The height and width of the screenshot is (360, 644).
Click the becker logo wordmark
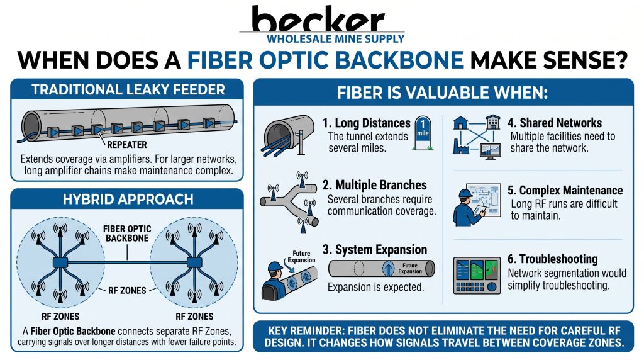click(318, 18)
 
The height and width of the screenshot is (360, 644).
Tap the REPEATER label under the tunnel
click(127, 145)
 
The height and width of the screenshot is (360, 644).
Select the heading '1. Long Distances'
click(367, 123)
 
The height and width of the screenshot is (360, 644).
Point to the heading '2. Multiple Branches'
click(375, 185)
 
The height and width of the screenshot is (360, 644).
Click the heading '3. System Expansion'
click(375, 249)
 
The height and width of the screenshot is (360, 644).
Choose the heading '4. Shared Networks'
click(555, 123)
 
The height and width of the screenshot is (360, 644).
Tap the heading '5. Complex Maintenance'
click(565, 190)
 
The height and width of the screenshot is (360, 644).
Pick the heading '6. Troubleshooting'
click(552, 259)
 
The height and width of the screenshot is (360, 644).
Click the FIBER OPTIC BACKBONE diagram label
click(127, 233)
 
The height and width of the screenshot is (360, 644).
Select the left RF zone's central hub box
click(60, 262)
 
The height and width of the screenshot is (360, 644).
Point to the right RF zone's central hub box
click(194, 262)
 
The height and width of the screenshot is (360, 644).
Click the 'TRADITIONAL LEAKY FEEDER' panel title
click(128, 89)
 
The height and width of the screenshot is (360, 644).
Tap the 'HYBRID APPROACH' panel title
click(128, 200)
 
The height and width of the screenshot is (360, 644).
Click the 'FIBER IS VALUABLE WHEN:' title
click(442, 93)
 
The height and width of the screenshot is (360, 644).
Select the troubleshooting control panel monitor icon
click(477, 275)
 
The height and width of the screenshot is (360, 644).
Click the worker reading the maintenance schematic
click(467, 207)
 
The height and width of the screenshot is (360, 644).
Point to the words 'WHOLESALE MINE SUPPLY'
click(336, 39)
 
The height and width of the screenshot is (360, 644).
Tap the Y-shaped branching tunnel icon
click(289, 201)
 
